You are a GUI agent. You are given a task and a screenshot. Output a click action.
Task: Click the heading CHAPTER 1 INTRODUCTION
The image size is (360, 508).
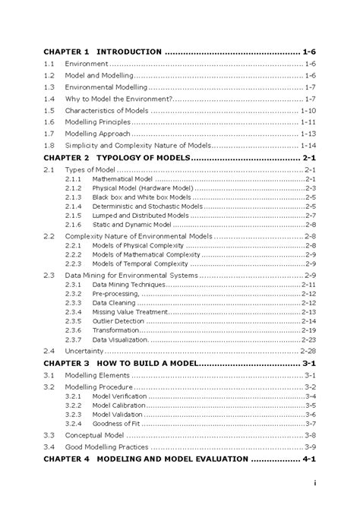click(x=102, y=52)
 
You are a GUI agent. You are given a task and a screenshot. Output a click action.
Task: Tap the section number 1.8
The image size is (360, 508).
click(x=49, y=145)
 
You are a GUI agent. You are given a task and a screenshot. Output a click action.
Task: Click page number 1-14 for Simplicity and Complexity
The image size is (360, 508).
click(x=308, y=145)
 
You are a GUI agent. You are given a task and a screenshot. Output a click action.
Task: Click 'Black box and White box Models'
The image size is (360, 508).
click(x=141, y=197)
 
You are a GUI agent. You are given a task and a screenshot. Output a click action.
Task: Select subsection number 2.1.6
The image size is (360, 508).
click(x=73, y=224)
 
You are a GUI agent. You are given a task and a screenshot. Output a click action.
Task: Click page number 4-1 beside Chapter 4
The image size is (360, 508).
click(x=309, y=459)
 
